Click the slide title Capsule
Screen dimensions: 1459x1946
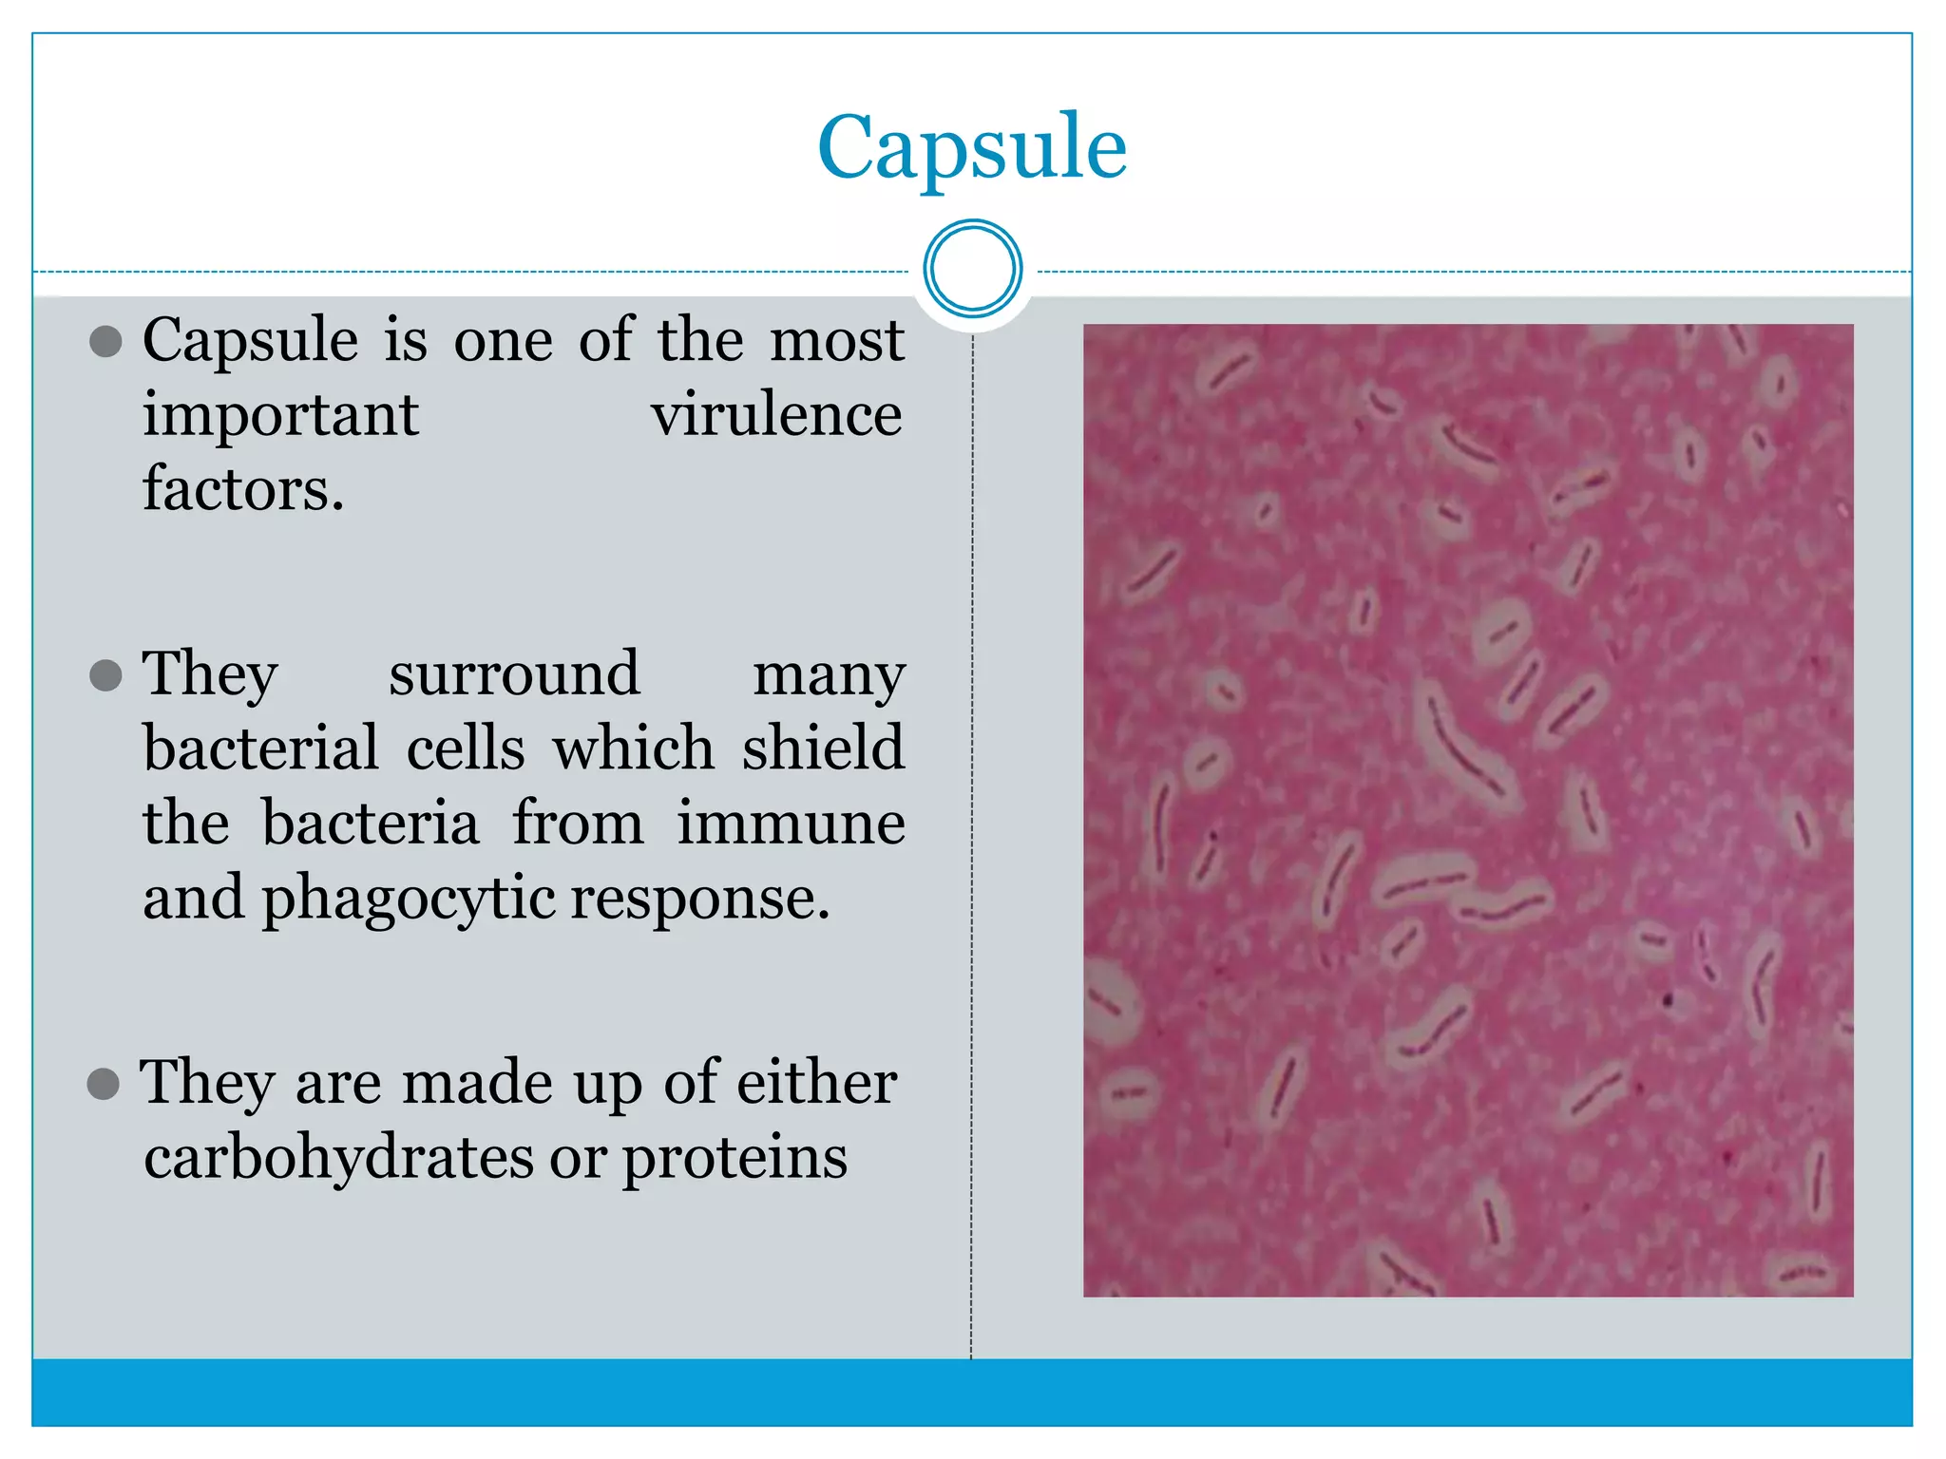972,147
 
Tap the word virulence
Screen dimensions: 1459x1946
776,415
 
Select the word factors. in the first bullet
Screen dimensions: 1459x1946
243,488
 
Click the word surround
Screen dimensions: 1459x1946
514,673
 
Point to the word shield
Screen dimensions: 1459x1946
823,748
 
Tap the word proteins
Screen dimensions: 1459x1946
735,1159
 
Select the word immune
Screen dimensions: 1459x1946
791,823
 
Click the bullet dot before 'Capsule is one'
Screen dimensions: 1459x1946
105,342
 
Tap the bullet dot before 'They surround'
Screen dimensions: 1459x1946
105,676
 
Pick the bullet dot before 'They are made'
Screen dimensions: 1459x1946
104,1084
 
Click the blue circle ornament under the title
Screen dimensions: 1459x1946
972,269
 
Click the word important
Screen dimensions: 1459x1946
280,415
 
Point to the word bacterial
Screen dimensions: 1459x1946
261,748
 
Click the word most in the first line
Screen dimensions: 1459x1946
836,340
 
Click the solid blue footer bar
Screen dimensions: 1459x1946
972,1392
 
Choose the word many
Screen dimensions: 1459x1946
829,675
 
